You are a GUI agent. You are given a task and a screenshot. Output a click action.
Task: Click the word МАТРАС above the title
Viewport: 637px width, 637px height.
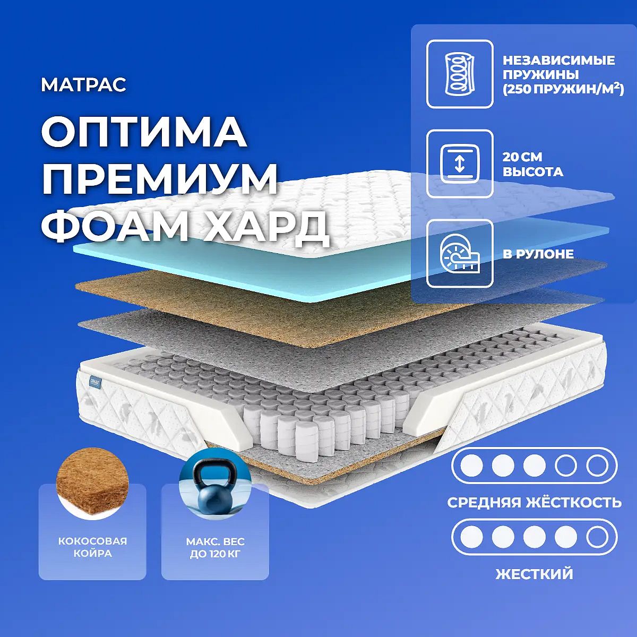pyautogui.click(x=84, y=85)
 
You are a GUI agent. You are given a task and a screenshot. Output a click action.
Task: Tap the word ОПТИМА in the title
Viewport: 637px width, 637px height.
pyautogui.click(x=144, y=133)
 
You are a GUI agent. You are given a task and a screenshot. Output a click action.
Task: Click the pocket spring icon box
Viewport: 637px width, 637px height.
pyautogui.click(x=460, y=74)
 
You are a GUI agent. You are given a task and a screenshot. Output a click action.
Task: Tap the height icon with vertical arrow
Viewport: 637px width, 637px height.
pyautogui.click(x=460, y=164)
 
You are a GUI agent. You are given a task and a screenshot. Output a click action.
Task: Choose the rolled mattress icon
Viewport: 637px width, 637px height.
pyautogui.click(x=460, y=254)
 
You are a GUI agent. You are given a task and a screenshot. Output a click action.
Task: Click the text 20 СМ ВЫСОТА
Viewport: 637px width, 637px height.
pyautogui.click(x=532, y=164)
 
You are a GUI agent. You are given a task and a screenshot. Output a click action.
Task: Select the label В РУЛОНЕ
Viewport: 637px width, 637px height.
pyautogui.click(x=538, y=254)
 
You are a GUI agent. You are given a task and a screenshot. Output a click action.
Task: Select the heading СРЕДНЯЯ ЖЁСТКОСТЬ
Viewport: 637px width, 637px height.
pyautogui.click(x=535, y=503)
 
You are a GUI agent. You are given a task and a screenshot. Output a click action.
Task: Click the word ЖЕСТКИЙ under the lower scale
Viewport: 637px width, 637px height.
pyautogui.click(x=535, y=574)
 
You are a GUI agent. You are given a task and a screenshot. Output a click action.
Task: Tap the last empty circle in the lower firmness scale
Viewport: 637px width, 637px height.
pyautogui.click(x=597, y=537)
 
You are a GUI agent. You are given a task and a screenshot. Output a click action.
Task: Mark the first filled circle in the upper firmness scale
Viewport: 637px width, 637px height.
pyautogui.click(x=471, y=465)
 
